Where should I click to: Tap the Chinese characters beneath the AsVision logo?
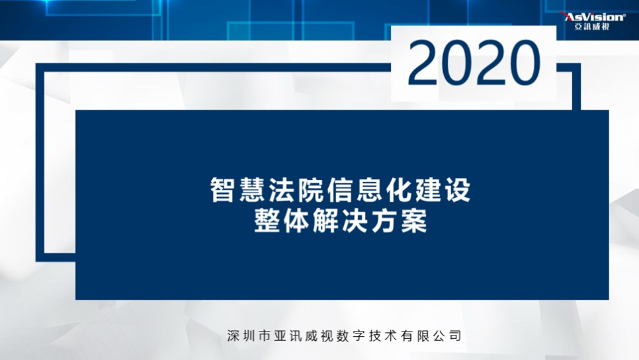coord(592,26)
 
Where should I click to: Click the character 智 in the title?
coord(222,189)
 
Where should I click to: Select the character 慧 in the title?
coord(252,189)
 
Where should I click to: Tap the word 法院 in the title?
coord(296,189)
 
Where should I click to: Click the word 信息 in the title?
coord(355,189)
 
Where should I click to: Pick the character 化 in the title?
coord(399,189)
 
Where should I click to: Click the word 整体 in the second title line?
coord(282,221)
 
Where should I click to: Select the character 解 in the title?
coord(325,221)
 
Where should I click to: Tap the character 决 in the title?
coord(355,221)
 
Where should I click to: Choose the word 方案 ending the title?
coord(399,221)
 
